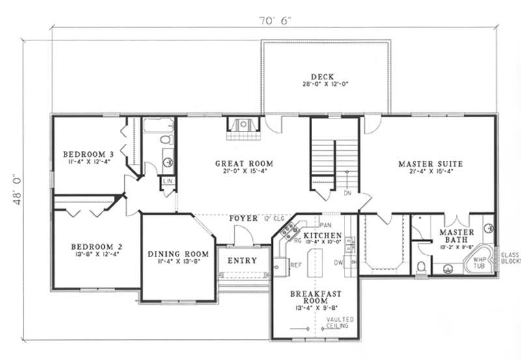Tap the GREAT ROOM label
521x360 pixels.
(244, 163)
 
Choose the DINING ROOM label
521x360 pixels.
(178, 254)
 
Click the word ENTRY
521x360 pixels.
(242, 260)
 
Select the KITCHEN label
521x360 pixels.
(322, 234)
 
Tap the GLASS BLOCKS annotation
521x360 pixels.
(509, 257)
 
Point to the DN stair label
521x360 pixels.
(347, 193)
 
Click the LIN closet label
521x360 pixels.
(168, 181)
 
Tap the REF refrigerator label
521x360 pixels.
(295, 265)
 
